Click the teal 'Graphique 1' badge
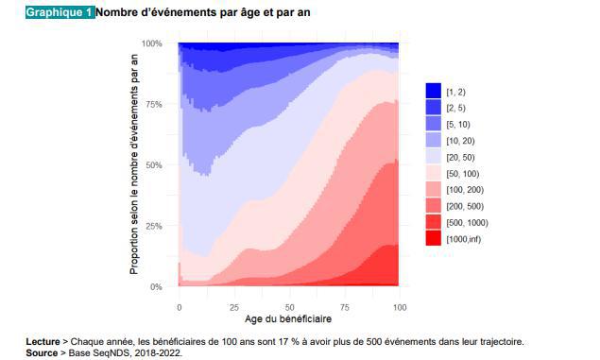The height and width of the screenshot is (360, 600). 60,12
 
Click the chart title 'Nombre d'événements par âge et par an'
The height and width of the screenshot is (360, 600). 202,12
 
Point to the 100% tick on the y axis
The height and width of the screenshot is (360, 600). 152,43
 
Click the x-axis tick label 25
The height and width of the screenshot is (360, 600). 234,307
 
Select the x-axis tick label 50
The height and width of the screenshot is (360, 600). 289,307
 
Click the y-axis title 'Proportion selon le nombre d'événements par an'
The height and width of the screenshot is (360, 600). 134,164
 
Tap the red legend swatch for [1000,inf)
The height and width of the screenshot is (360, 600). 433,239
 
